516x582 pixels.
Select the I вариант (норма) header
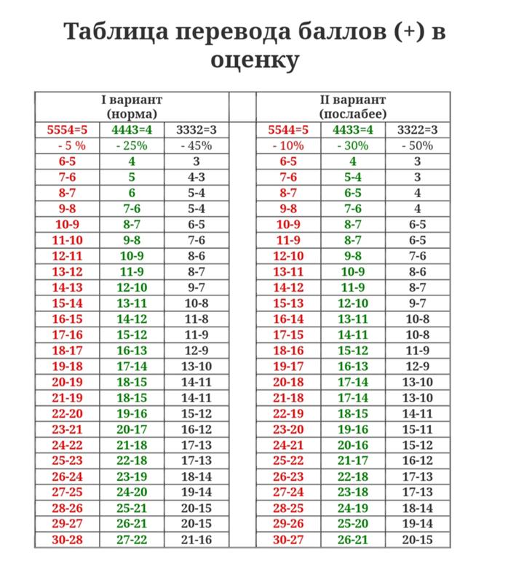pyautogui.click(x=131, y=106)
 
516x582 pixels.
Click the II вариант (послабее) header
pyautogui.click(x=353, y=106)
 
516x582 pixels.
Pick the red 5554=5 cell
pyautogui.click(x=66, y=130)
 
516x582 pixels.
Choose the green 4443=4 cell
pyautogui.click(x=132, y=130)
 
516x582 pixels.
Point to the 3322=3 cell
pyautogui.click(x=417, y=130)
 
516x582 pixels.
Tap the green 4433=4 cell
pyautogui.click(x=353, y=130)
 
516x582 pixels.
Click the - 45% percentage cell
pyautogui.click(x=196, y=145)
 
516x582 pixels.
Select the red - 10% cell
pyautogui.click(x=288, y=145)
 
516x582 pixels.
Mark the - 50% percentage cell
pyautogui.click(x=417, y=145)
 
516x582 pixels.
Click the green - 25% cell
pyautogui.click(x=132, y=145)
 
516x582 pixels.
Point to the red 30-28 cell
pyautogui.click(x=66, y=539)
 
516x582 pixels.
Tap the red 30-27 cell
pyautogui.click(x=288, y=539)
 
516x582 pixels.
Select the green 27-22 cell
pyautogui.click(x=132, y=539)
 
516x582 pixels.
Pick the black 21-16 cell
pyautogui.click(x=196, y=539)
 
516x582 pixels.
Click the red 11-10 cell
pyautogui.click(x=66, y=240)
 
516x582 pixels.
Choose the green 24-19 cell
pyautogui.click(x=353, y=508)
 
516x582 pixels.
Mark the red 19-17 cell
pyautogui.click(x=288, y=366)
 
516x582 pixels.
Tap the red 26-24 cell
pyautogui.click(x=66, y=477)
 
